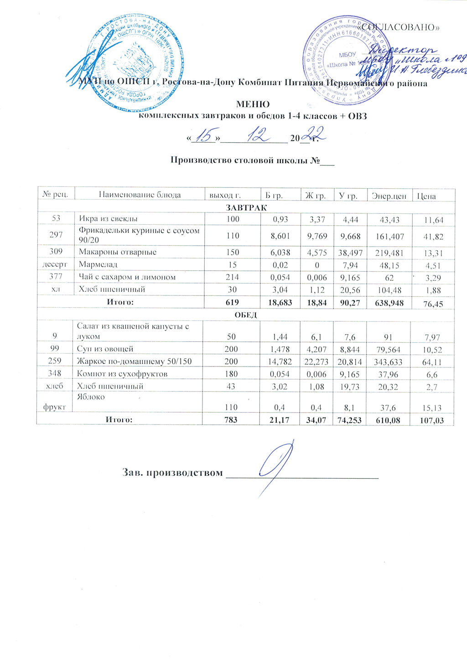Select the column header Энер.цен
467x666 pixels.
coord(389,196)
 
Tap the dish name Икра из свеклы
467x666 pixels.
coord(108,219)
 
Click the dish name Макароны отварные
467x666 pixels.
coord(117,252)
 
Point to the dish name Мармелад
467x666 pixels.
coord(98,264)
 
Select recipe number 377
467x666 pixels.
coord(56,277)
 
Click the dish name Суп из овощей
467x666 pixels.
coord(105,349)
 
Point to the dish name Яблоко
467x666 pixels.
coord(91,397)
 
